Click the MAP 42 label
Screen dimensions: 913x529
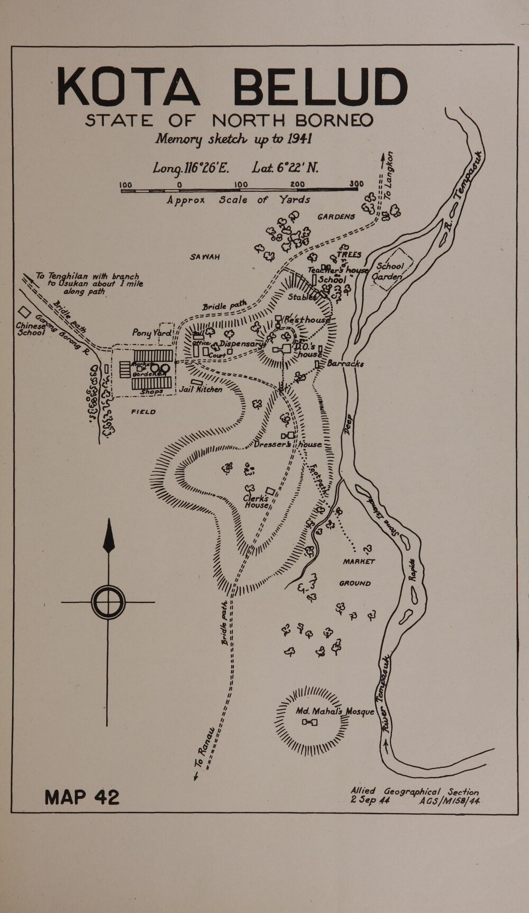pos(82,797)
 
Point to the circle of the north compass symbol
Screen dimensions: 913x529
pos(108,602)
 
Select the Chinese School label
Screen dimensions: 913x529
pos(30,329)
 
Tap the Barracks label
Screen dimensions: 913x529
pos(342,364)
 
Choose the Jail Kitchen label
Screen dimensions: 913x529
pos(202,389)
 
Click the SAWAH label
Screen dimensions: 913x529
pos(205,257)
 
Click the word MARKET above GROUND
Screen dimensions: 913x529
pos(359,562)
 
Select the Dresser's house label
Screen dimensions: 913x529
pos(287,445)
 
